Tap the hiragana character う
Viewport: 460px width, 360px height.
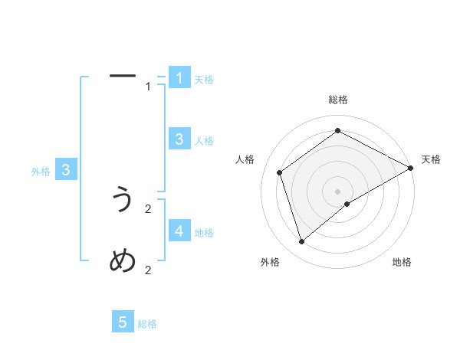123,200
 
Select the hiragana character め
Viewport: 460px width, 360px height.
123,261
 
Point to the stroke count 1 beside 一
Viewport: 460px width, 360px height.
148,87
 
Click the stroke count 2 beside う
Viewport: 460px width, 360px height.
148,208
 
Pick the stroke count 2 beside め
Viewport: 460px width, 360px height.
148,270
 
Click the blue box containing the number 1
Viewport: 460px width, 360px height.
179,77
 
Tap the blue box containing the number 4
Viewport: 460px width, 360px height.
179,231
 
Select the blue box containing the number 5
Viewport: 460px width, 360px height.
123,322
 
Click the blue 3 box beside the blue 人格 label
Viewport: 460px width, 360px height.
179,139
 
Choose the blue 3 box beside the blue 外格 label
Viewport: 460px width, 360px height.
66,170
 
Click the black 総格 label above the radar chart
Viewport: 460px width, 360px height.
337,100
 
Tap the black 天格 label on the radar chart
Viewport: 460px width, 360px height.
431,159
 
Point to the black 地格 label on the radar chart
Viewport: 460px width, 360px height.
402,263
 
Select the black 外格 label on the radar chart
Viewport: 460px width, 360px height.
269,263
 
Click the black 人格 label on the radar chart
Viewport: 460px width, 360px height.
245,159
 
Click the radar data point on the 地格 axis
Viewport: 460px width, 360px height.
347,204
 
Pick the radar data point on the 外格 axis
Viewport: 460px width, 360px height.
301,242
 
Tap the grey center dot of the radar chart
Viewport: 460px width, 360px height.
337,191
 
